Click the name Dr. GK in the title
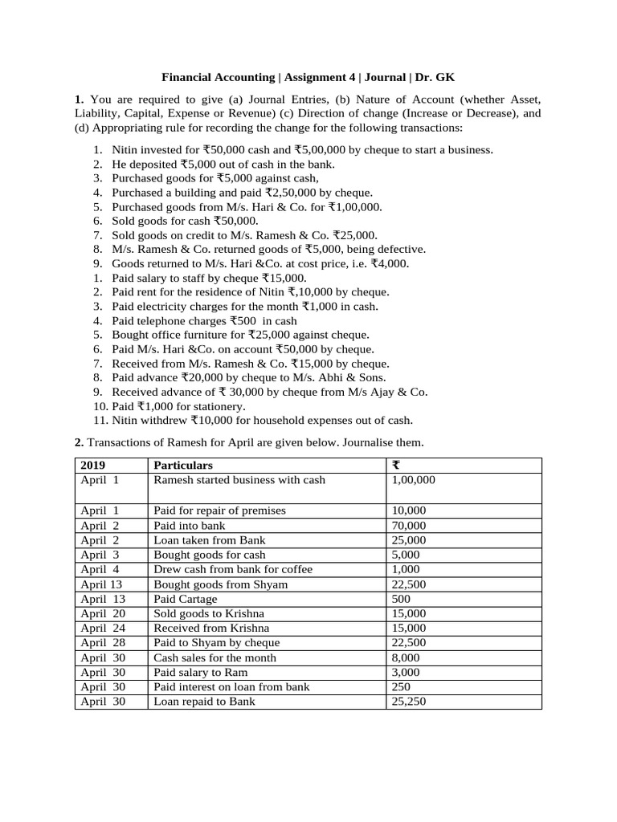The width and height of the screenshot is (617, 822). coord(436,78)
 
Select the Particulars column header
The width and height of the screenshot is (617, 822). coord(183,466)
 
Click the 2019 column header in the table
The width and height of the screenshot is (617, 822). coord(92,466)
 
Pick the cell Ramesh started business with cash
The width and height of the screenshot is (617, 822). coord(239,480)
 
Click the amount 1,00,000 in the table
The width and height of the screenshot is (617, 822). coord(413,480)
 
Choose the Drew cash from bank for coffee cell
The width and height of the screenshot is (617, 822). coord(233,569)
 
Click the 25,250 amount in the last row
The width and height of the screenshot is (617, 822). coord(408,701)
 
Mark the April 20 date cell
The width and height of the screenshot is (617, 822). coord(103,613)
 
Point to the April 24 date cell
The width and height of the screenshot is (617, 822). coord(103,628)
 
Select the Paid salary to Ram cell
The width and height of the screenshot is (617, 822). coord(200,672)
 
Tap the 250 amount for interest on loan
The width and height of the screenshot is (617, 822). coord(400,686)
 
